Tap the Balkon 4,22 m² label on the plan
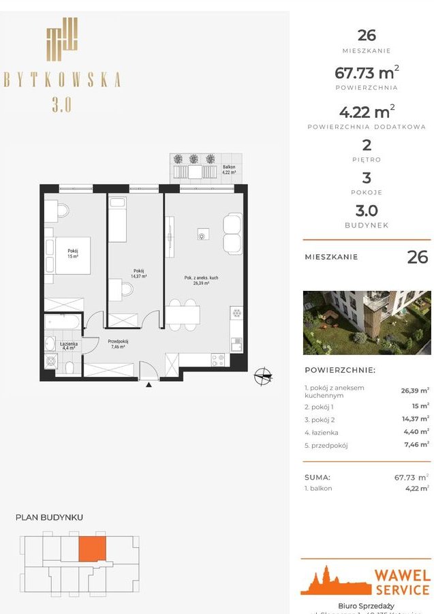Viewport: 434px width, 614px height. (228, 170)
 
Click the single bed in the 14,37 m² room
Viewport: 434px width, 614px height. (117, 219)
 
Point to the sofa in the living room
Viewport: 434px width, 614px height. (232, 233)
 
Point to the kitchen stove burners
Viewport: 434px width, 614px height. (219, 359)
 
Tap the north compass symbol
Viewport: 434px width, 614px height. (263, 375)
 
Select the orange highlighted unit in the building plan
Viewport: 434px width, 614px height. (93, 549)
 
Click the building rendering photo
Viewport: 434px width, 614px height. (367, 322)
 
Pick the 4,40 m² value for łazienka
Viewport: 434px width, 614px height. (415, 431)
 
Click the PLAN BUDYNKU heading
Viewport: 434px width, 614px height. (49, 517)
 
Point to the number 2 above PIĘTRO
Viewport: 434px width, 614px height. (367, 145)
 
